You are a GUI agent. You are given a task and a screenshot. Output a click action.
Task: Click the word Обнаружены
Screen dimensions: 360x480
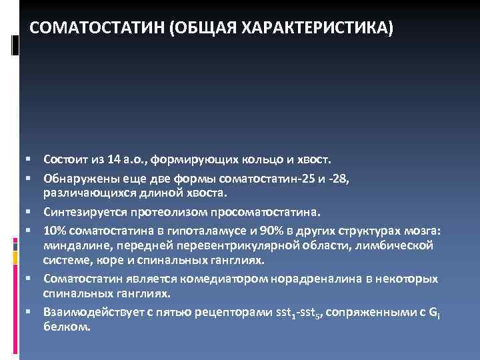79,178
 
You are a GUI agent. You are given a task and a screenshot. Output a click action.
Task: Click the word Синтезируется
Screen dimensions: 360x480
83,212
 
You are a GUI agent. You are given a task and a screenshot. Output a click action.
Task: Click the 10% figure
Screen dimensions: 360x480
55,230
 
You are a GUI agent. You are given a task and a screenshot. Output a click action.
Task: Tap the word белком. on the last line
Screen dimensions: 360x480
64,328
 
